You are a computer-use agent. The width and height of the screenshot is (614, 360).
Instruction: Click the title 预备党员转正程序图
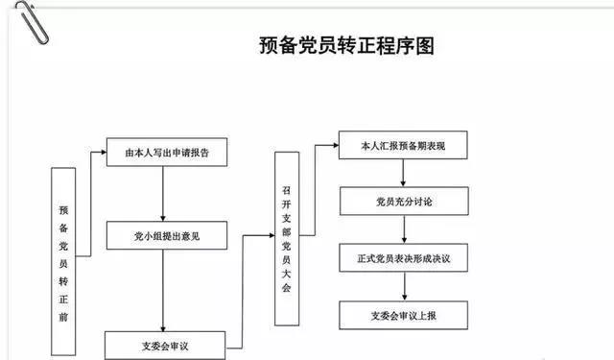pos(346,45)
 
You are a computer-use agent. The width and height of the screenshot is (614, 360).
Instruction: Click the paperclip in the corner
pos(32,23)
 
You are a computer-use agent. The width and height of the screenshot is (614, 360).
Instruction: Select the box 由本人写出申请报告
pos(167,152)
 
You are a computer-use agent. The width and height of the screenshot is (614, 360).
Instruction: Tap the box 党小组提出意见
pos(167,235)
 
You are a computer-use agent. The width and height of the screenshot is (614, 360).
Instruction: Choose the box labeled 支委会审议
pos(165,345)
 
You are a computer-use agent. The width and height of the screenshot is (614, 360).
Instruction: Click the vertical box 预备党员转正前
pos(63,261)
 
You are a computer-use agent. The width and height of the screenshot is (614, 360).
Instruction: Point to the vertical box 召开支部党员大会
pos(287,239)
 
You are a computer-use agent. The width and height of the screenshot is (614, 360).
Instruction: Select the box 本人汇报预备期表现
pos(403,145)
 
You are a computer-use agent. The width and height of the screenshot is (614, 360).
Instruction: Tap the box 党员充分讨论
pos(404,201)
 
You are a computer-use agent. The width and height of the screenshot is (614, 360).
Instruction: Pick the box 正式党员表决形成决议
pos(404,257)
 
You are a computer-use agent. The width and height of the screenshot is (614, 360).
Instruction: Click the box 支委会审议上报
pos(403,315)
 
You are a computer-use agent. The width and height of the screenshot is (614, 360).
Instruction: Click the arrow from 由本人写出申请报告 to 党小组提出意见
pos(163,194)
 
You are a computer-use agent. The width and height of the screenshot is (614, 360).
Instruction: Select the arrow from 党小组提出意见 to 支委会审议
pos(163,291)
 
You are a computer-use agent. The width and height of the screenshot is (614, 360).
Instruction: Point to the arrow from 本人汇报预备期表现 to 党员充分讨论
pos(403,173)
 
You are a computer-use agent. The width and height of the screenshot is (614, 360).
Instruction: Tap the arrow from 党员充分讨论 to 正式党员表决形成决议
pos(404,229)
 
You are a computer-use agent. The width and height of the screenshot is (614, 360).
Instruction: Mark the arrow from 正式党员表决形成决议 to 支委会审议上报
pos(405,286)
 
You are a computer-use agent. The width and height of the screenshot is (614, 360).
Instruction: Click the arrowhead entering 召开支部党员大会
pos(272,235)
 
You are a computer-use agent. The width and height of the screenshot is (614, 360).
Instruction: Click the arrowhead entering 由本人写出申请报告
pos(104,152)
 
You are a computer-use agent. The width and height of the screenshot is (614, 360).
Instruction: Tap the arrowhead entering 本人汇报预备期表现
pos(336,145)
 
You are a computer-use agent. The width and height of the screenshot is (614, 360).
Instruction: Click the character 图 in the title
pos(425,45)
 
